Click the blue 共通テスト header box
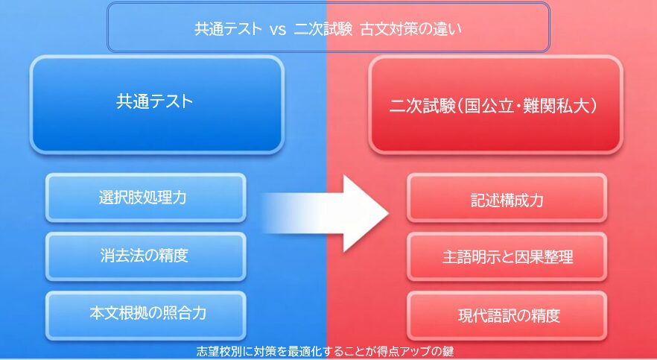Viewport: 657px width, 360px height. point(156,104)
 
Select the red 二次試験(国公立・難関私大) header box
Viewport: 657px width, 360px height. point(496,104)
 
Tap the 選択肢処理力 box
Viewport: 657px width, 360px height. point(146,198)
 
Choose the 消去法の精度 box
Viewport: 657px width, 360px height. point(146,256)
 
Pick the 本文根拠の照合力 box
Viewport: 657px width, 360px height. point(146,313)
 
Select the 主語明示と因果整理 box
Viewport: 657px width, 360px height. point(507,257)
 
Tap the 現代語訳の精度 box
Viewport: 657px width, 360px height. point(507,315)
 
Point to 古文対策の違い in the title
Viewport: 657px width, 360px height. point(411,30)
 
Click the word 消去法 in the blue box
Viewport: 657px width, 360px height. point(120,256)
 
